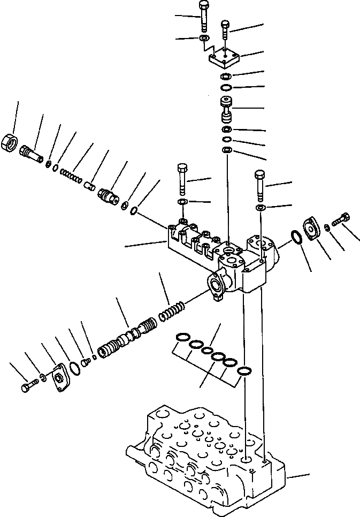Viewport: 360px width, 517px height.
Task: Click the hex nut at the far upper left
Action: coord(11,143)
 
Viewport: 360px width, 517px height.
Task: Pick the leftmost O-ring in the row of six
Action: coord(182,337)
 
